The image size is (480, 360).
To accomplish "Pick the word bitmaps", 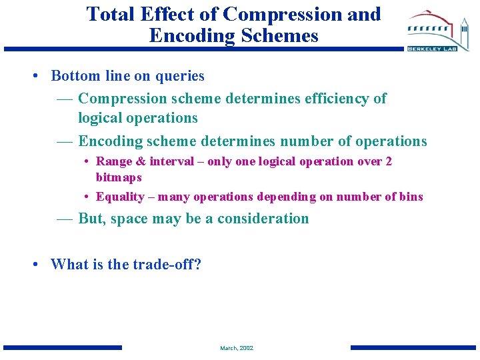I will tap(119, 177).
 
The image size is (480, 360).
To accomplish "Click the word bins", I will tap(411, 197).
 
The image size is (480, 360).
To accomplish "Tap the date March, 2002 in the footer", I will tap(237, 348).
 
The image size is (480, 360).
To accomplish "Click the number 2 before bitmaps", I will tap(389, 161).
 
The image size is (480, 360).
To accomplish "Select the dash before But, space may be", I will tap(65, 219).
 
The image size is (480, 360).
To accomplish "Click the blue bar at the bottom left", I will tap(63, 347).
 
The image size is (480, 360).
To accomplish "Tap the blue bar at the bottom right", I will tap(413, 347).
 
